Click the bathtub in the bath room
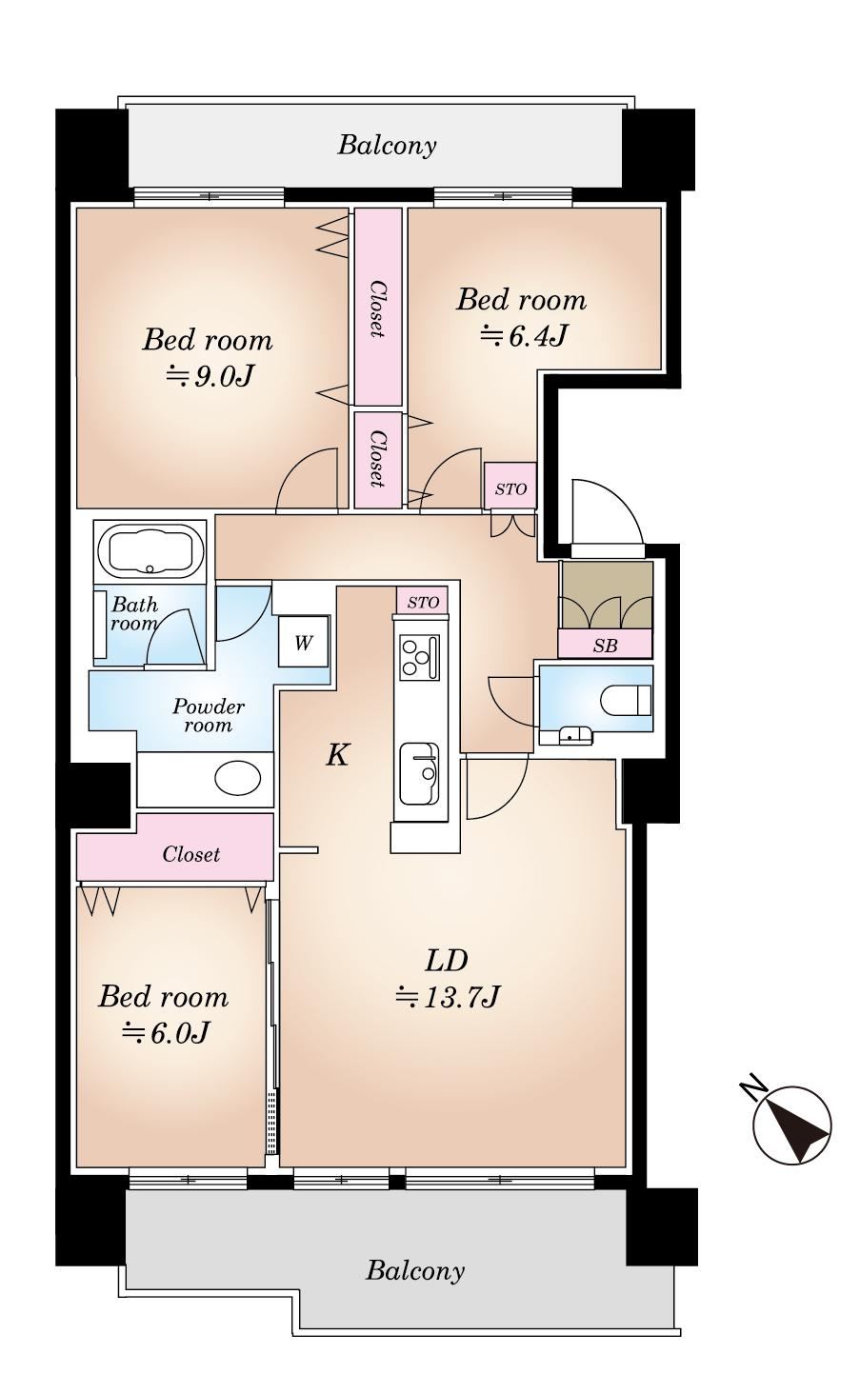point(150,549)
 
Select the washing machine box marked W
point(303,642)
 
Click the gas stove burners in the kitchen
point(420,657)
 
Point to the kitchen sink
point(420,773)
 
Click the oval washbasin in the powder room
point(237,778)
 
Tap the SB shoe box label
point(605,645)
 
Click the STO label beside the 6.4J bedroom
point(510,488)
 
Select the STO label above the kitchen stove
point(423,602)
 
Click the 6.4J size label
point(523,335)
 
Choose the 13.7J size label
point(448,997)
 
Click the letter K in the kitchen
point(337,755)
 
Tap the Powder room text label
point(209,715)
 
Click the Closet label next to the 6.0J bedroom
point(190,854)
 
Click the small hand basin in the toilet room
point(575,735)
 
